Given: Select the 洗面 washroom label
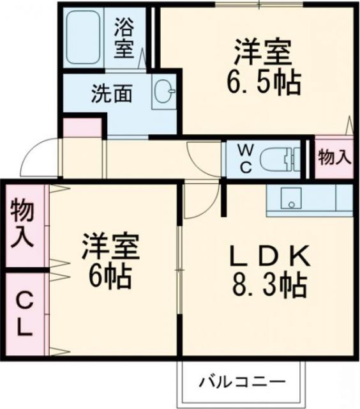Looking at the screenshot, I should [111, 94].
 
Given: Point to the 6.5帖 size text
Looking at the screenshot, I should [262, 82].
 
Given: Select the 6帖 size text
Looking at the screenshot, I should [110, 276].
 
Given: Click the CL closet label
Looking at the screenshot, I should [23, 314].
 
